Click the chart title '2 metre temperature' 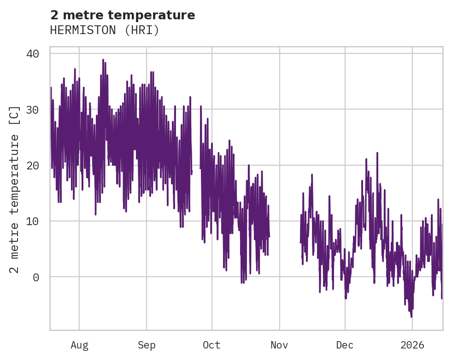[123, 15]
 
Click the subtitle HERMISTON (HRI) [105, 30]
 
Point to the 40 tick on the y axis [33, 54]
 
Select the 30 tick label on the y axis [33, 110]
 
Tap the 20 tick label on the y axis [33, 165]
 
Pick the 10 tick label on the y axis [33, 221]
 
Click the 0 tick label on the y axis [36, 277]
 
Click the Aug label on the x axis [79, 345]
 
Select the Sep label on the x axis [147, 345]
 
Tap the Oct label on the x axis [212, 345]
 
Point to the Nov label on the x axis [280, 345]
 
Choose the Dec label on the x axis [345, 345]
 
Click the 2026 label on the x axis [412, 345]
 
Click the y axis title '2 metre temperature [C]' [15, 189]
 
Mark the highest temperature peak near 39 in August [103, 60]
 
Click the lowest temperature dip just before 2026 [411, 316]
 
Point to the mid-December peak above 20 [377, 153]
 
